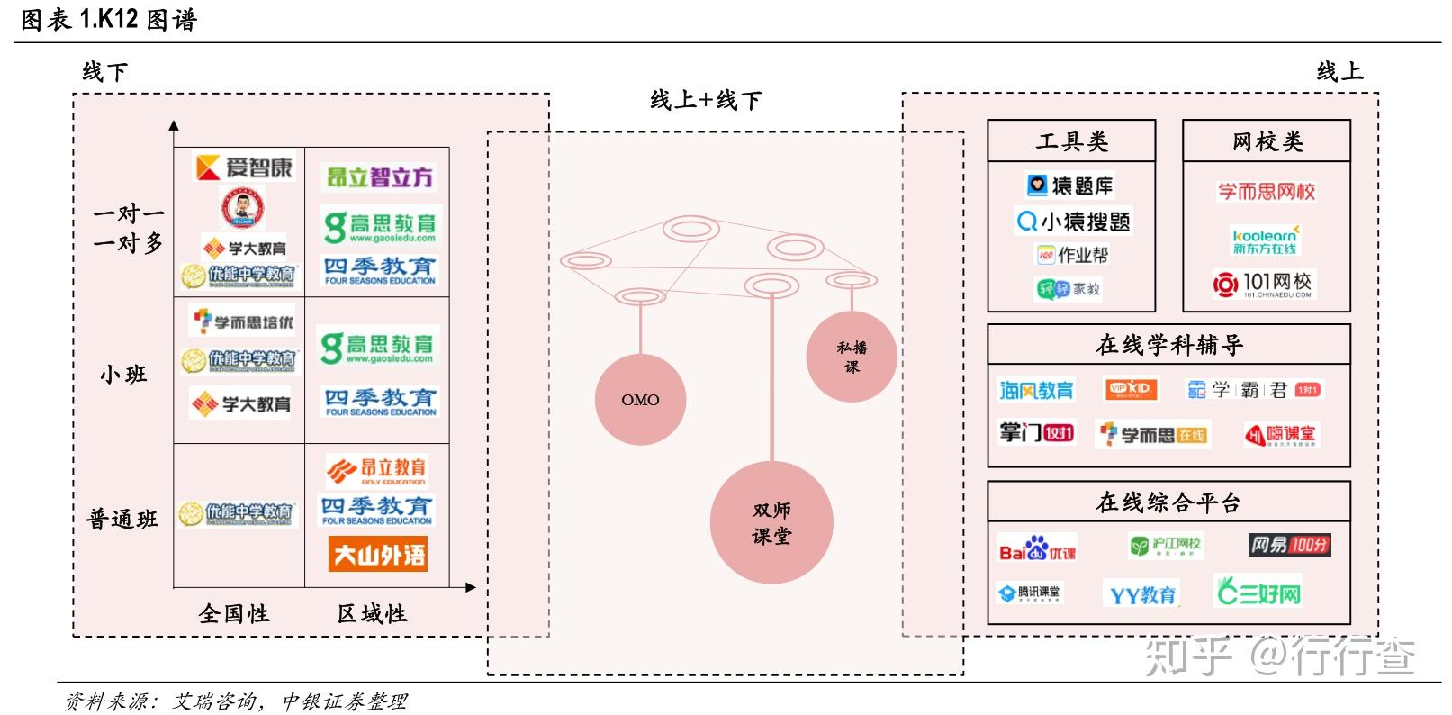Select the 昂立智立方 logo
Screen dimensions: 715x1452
click(x=379, y=177)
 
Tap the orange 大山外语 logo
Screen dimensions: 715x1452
click(x=378, y=555)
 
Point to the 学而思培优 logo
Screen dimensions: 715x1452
click(x=243, y=321)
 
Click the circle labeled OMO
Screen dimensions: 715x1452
click(x=640, y=400)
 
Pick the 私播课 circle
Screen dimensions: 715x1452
click(x=852, y=357)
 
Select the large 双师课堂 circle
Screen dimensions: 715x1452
click(x=771, y=523)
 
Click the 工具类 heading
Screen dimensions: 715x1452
click(x=1071, y=141)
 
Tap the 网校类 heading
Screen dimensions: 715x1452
click(x=1267, y=141)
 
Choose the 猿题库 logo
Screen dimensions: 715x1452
click(x=1070, y=186)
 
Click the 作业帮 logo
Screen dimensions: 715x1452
click(x=1072, y=256)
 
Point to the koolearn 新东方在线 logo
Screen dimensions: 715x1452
click(x=1265, y=240)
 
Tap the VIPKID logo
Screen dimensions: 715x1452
click(x=1131, y=389)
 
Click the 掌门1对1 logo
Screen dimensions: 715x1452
click(x=1036, y=433)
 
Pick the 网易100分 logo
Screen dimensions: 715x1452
click(x=1289, y=545)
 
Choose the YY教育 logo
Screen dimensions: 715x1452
click(x=1141, y=594)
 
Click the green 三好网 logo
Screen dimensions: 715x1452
click(x=1258, y=592)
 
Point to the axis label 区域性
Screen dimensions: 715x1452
click(x=372, y=614)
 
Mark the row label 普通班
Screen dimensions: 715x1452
click(x=122, y=519)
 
